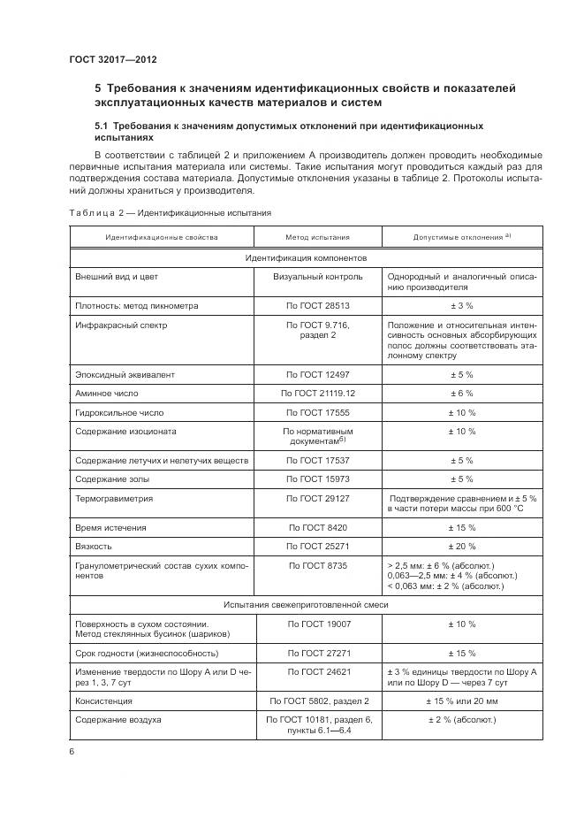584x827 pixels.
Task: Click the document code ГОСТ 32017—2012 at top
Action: (112, 59)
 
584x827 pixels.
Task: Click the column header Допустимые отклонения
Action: (461, 238)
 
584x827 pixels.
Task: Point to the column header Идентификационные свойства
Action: (162, 238)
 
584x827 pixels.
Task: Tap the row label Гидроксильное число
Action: (119, 412)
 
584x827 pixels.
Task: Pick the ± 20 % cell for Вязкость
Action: (462, 546)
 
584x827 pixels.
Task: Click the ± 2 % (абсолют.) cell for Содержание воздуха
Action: (462, 720)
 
